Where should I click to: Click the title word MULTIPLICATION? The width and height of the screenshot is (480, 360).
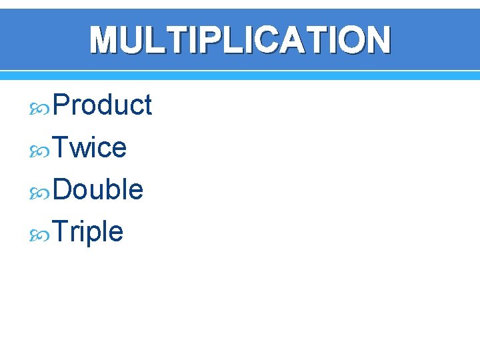[240, 39]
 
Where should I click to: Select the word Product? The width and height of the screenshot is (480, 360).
[102, 105]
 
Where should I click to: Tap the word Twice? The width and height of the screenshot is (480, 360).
[89, 147]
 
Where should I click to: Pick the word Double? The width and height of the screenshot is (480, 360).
[97, 189]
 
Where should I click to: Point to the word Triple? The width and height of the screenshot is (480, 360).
[87, 232]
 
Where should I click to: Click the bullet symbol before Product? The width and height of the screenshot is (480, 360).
[41, 107]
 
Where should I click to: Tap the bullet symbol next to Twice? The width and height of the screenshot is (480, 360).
[41, 149]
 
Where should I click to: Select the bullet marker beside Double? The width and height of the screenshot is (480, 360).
[41, 191]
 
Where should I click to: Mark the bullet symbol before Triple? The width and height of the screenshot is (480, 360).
[41, 234]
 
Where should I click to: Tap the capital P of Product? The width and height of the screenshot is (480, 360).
[61, 105]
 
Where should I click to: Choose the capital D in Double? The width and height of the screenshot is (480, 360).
[62, 189]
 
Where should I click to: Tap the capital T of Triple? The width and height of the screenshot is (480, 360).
[60, 232]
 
